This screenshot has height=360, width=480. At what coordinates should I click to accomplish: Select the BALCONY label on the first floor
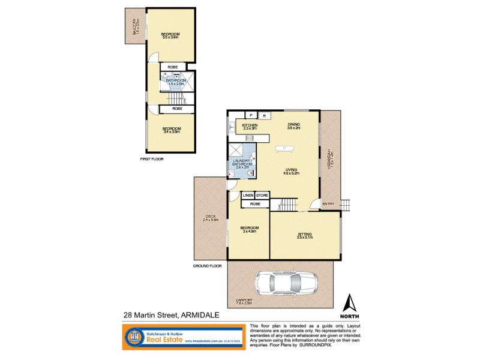point(137,26)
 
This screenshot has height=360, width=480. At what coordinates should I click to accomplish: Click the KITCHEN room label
point(250,126)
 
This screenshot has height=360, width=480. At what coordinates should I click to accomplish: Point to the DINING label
point(293,126)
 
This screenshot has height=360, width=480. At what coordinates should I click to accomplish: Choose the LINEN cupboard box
point(248,195)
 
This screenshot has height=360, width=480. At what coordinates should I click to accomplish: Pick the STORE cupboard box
point(262,195)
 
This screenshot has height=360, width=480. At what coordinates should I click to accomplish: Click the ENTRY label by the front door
point(328,205)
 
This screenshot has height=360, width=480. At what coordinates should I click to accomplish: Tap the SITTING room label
point(304,235)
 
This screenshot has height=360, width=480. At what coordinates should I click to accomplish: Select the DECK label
point(211,218)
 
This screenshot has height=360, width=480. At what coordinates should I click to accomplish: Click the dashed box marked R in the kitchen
point(265,115)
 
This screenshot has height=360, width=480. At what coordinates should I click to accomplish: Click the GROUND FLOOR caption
point(208,265)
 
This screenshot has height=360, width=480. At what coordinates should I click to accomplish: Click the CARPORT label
point(244,302)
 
